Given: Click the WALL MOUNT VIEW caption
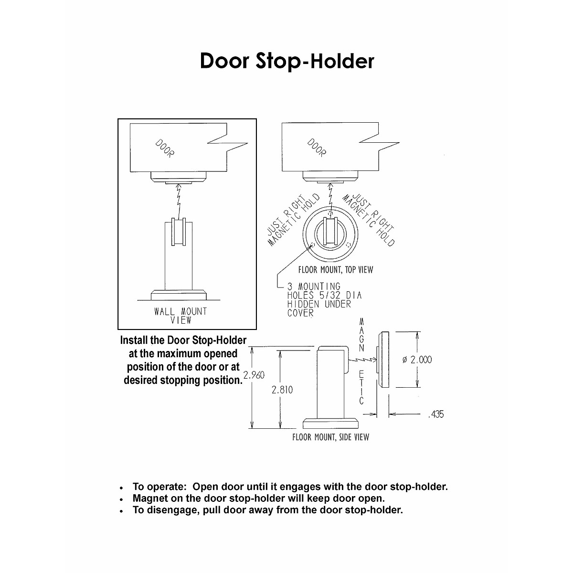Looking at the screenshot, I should pyautogui.click(x=180, y=316).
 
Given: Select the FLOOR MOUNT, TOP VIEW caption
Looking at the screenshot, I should pyautogui.click(x=335, y=270).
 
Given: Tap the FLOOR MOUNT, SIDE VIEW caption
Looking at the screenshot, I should pyautogui.click(x=330, y=437).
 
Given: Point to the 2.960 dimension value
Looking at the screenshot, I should pyautogui.click(x=254, y=375).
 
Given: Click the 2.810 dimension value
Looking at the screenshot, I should pyautogui.click(x=282, y=390).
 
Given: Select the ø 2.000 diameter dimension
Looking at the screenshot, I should pyautogui.click(x=417, y=360).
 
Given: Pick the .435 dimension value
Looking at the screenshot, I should pyautogui.click(x=435, y=414).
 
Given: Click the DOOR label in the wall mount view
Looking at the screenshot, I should pyautogui.click(x=165, y=148).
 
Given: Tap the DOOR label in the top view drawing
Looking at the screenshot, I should pyautogui.click(x=316, y=148).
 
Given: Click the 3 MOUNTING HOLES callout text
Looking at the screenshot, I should pyautogui.click(x=324, y=299).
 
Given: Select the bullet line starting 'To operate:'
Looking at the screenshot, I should pyautogui.click(x=290, y=487).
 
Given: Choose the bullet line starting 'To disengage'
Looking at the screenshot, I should pyautogui.click(x=267, y=510).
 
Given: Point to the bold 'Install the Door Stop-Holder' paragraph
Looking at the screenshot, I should pyautogui.click(x=183, y=361).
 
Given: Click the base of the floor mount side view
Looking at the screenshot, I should pyautogui.click(x=330, y=423).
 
